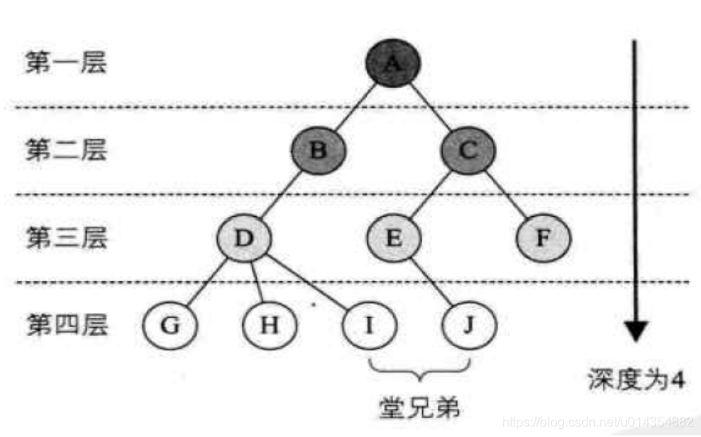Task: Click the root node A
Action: pyautogui.click(x=392, y=64)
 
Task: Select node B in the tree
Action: pyautogui.click(x=319, y=151)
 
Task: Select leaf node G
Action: pyautogui.click(x=170, y=326)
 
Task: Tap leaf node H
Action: pyautogui.click(x=270, y=326)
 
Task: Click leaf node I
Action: pyautogui.click(x=369, y=326)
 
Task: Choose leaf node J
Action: pyautogui.click(x=470, y=326)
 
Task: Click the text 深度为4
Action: pyautogui.click(x=634, y=380)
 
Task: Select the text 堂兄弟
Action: pyautogui.click(x=419, y=406)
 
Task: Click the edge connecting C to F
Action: pyautogui.click(x=507, y=196)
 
